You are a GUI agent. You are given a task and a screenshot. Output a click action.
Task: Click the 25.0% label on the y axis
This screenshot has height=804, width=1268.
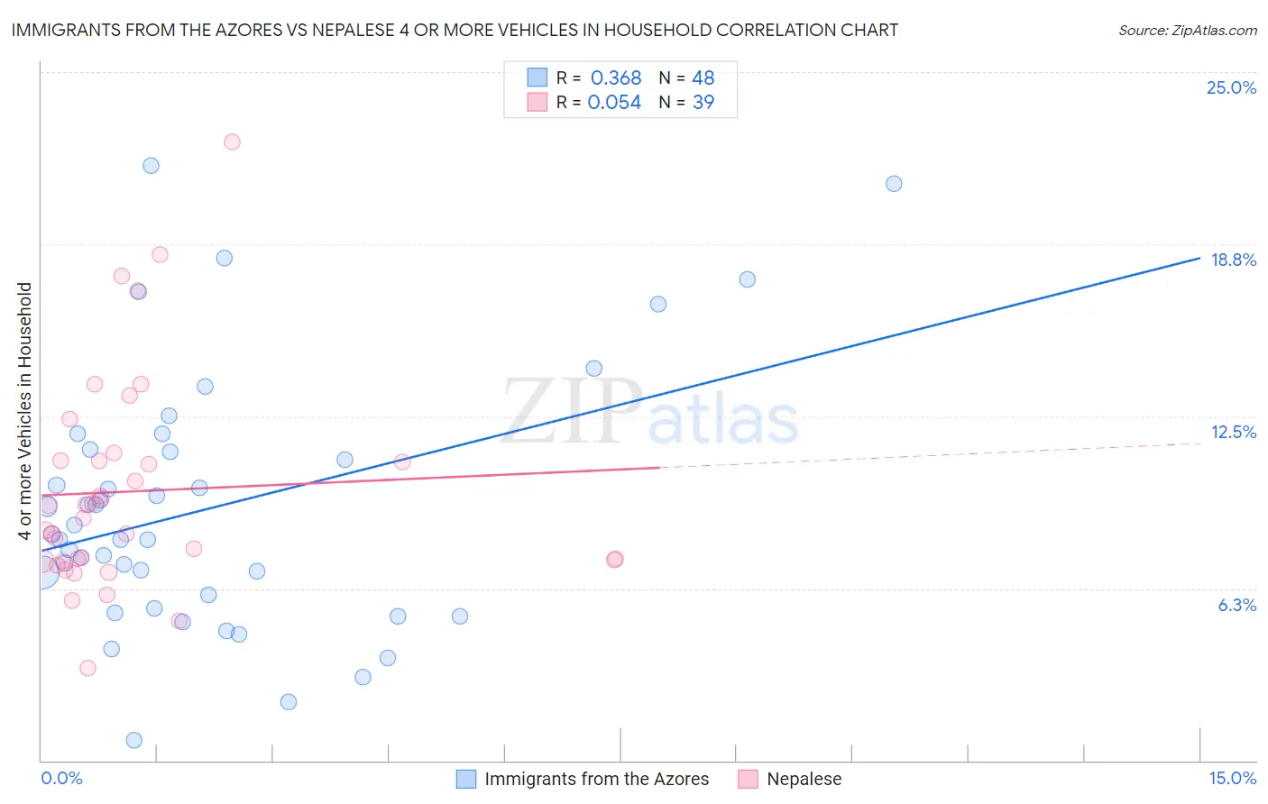click(x=1231, y=87)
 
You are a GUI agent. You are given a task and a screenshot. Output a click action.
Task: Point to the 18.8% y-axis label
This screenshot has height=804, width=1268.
click(x=1233, y=260)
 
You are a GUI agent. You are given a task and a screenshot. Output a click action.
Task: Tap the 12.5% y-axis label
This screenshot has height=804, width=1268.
click(x=1233, y=432)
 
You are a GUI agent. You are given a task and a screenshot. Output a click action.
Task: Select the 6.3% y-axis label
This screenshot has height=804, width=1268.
click(x=1236, y=605)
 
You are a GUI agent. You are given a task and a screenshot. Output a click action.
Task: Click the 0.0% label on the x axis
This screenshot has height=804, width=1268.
click(x=61, y=778)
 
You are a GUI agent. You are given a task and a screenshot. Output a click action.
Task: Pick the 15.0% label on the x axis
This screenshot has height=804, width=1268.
click(x=1232, y=778)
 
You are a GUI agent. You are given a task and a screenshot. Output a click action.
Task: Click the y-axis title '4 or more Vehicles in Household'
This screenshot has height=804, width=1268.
click(x=25, y=411)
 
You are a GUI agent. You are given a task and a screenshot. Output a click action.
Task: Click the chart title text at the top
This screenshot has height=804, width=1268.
click(x=455, y=30)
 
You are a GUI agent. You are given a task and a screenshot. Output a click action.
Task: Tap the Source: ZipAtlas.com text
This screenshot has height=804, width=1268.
click(x=1187, y=30)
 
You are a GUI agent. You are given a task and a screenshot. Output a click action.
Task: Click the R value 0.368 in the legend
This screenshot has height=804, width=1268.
click(x=615, y=78)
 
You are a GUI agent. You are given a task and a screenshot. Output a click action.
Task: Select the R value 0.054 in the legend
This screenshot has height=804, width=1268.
click(x=614, y=102)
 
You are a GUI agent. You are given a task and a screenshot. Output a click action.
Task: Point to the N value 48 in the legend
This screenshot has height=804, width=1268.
click(x=703, y=78)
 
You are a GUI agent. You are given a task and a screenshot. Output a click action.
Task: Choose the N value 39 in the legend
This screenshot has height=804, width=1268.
click(x=703, y=102)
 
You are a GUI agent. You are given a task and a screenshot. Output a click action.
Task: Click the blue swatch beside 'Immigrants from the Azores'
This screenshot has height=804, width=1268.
click(x=465, y=779)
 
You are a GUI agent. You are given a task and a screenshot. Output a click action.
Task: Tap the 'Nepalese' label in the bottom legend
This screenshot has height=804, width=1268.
click(x=804, y=779)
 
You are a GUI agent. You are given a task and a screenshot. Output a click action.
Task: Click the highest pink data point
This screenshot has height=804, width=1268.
click(x=232, y=142)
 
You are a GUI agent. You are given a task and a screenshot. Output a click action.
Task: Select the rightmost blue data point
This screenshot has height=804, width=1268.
click(x=894, y=184)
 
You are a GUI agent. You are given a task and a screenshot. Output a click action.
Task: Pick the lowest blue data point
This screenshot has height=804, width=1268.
click(x=134, y=740)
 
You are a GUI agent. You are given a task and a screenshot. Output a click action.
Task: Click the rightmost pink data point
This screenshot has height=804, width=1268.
click(x=615, y=560)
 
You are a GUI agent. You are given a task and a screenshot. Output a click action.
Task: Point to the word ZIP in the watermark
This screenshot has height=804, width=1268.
click(x=573, y=411)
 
